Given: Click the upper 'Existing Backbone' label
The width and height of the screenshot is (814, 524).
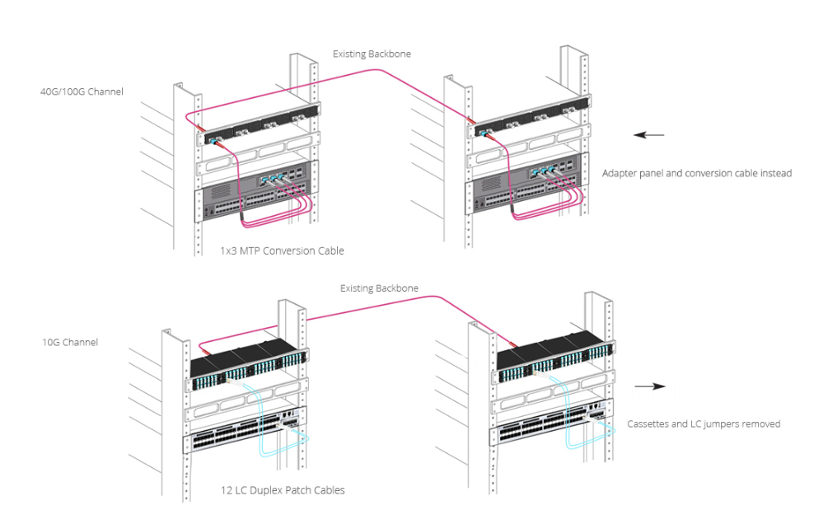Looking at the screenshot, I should coord(372,54).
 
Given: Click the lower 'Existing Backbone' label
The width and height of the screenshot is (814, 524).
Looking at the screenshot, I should coord(379,288).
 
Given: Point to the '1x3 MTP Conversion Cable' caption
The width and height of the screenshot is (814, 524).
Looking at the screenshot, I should coord(282,250).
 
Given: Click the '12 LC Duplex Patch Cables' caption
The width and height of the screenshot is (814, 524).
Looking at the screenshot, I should coord(283,490).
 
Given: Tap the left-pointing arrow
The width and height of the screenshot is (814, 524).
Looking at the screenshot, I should coord(653,135).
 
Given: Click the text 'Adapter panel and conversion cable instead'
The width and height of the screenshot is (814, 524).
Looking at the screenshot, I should coord(697,173).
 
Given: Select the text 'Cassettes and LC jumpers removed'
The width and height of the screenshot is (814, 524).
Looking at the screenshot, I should coord(704,423).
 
